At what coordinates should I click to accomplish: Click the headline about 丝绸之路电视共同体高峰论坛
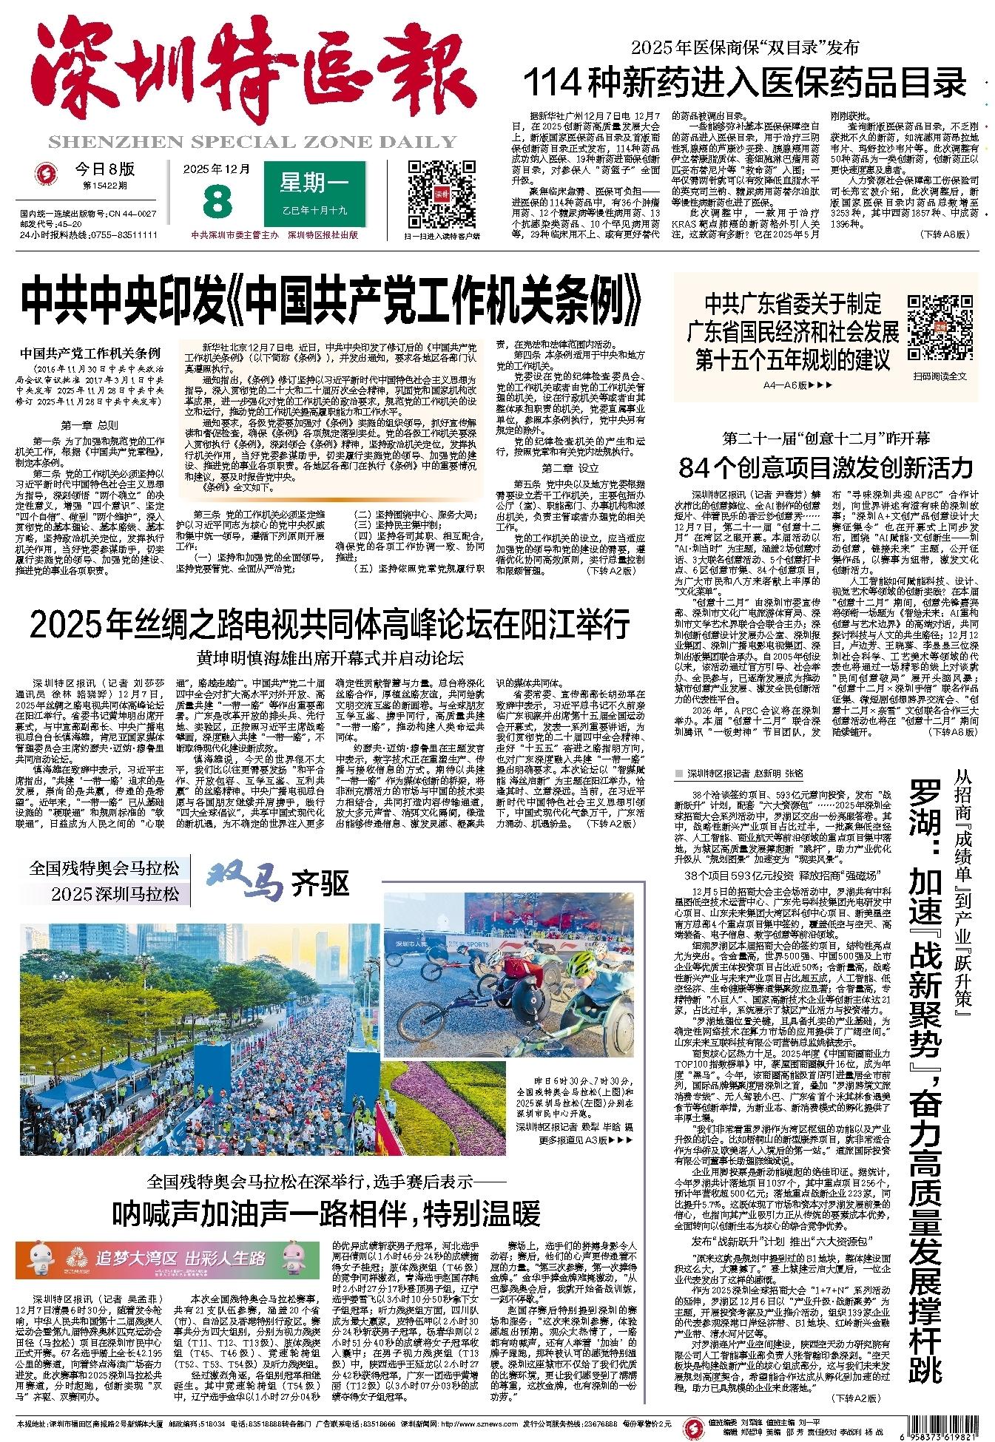click(330, 624)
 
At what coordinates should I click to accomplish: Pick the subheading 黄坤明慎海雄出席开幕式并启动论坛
click(330, 658)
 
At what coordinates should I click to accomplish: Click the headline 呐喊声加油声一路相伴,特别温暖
click(326, 1213)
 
